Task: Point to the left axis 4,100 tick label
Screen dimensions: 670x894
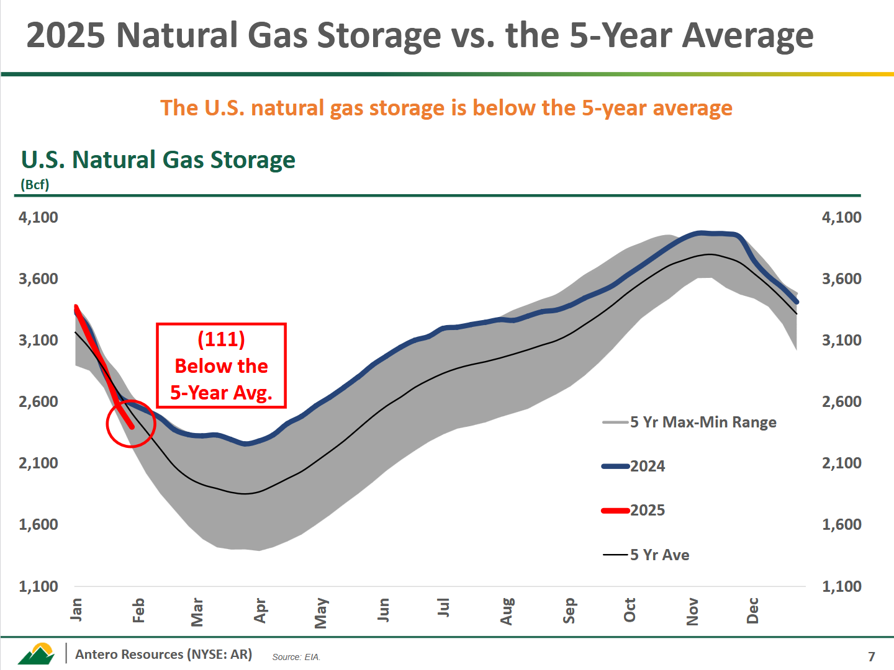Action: (38, 217)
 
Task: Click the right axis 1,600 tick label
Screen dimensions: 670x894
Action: (841, 524)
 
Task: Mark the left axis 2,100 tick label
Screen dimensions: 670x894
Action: (38, 463)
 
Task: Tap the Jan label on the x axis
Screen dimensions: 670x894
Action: (76, 609)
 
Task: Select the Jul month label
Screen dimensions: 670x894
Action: (443, 607)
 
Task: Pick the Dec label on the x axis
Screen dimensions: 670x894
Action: (752, 610)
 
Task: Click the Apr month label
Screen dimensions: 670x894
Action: (260, 610)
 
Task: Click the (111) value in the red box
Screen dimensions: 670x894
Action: (221, 339)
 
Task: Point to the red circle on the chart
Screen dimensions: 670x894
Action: (130, 423)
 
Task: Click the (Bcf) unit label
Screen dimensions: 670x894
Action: (35, 184)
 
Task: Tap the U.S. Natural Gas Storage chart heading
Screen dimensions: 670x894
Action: (158, 159)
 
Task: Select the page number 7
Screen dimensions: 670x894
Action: (872, 656)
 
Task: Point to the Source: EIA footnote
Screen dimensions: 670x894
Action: (296, 657)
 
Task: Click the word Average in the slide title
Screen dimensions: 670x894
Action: (747, 35)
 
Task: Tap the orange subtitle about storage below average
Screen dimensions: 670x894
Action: (446, 108)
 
